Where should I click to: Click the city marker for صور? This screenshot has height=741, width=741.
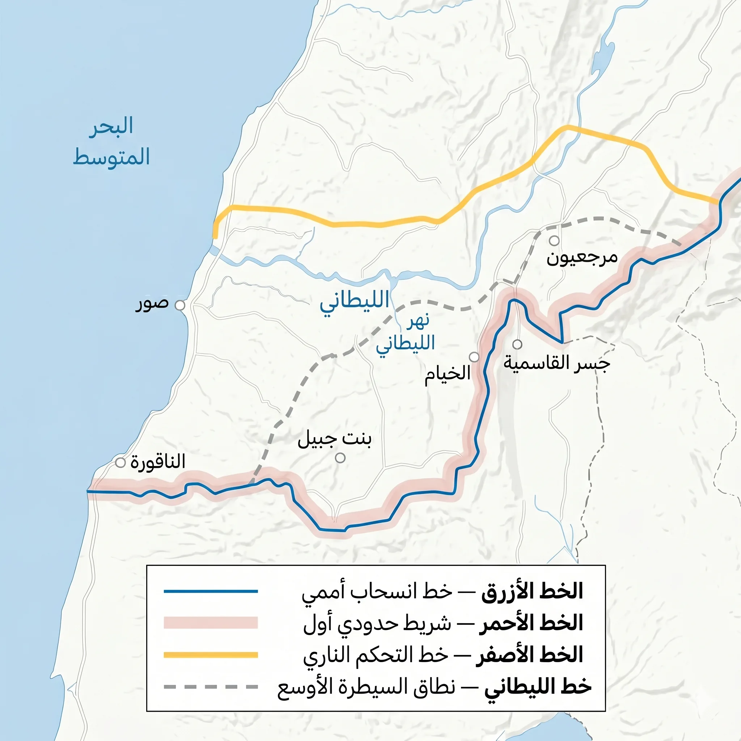pyautogui.click(x=180, y=305)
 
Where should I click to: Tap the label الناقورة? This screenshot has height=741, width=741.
pyautogui.click(x=158, y=461)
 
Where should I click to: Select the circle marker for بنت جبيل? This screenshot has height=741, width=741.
pyautogui.click(x=340, y=458)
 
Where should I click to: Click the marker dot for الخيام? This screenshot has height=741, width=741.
pyautogui.click(x=474, y=357)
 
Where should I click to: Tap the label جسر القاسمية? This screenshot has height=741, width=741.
pyautogui.click(x=556, y=363)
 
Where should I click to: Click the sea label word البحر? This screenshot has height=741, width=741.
pyautogui.click(x=111, y=126)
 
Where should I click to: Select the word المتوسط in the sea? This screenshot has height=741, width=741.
pyautogui.click(x=111, y=157)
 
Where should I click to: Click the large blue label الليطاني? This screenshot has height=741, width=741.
pyautogui.click(x=355, y=300)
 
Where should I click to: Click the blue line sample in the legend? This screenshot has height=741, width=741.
pyautogui.click(x=211, y=592)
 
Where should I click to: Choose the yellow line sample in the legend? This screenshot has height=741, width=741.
pyautogui.click(x=211, y=655)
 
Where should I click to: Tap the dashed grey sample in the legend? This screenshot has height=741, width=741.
pyautogui.click(x=211, y=686)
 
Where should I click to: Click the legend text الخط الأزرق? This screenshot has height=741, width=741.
pyautogui.click(x=532, y=592)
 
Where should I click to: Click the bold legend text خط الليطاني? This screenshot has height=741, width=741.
pyautogui.click(x=538, y=686)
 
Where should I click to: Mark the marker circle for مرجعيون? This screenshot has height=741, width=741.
pyautogui.click(x=554, y=241)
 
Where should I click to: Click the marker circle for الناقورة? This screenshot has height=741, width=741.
pyautogui.click(x=120, y=462)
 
